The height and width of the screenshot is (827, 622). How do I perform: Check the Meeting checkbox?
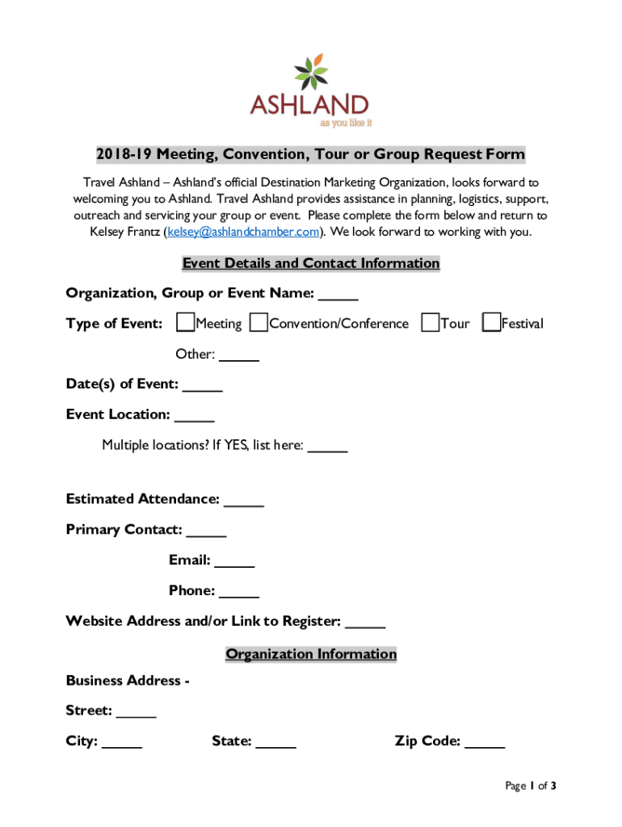pos(185,323)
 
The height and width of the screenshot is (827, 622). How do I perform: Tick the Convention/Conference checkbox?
pos(258,323)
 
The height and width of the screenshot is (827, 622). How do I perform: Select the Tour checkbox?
pos(430,323)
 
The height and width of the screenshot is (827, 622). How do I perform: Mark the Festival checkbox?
pos(490,323)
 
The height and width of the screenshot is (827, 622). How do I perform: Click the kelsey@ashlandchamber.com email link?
pos(244,232)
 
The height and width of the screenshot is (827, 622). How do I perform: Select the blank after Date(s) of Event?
pos(203,385)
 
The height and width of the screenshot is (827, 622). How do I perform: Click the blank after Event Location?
pos(194,416)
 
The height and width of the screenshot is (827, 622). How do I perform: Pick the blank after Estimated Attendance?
pos(244,500)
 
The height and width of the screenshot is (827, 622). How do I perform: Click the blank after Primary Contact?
pos(206,531)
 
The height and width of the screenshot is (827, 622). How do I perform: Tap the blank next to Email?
pos(235,561)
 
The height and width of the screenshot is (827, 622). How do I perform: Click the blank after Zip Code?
pos(485,742)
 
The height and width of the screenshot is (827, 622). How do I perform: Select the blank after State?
pos(276,742)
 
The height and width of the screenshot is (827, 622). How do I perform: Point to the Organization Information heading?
pos(311,654)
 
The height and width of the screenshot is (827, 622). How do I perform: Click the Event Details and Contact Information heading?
pos(311,263)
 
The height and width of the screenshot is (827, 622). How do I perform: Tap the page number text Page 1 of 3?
pos(531,786)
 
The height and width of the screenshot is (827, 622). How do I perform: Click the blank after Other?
pos(239,355)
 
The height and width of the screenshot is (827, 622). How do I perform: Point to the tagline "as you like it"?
pos(346,124)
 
